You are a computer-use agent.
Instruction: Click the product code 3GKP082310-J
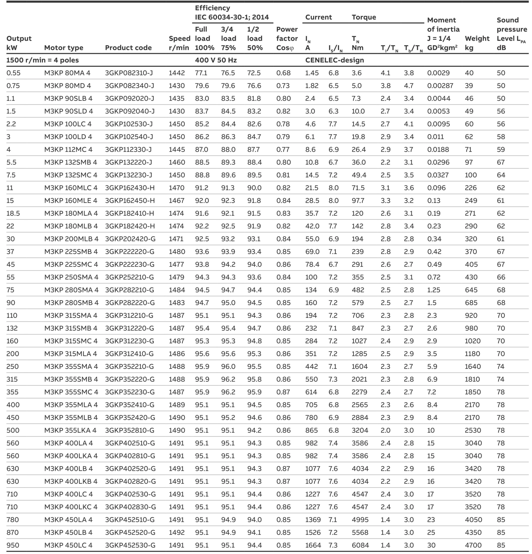tap(129, 73)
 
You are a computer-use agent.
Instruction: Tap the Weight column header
tap(477, 43)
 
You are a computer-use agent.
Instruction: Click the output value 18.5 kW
tap(13, 213)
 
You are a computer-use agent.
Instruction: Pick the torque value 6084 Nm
tap(360, 545)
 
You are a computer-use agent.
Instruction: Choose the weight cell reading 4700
tap(473, 545)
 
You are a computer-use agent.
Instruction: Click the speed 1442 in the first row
tap(177, 73)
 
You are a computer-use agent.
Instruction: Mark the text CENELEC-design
tap(334, 60)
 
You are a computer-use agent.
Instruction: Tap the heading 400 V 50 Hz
tap(216, 60)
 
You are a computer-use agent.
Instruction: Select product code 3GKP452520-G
tap(130, 533)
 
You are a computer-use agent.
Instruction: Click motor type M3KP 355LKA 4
tap(70, 430)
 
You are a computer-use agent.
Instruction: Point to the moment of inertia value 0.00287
tap(440, 86)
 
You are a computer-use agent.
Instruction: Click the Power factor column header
tap(287, 39)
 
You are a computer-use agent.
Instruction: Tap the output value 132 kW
tap(12, 328)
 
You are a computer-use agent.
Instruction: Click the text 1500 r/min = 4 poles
tap(43, 60)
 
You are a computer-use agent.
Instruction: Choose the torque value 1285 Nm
tap(359, 354)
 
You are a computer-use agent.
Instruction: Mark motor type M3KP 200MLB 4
tap(71, 239)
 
